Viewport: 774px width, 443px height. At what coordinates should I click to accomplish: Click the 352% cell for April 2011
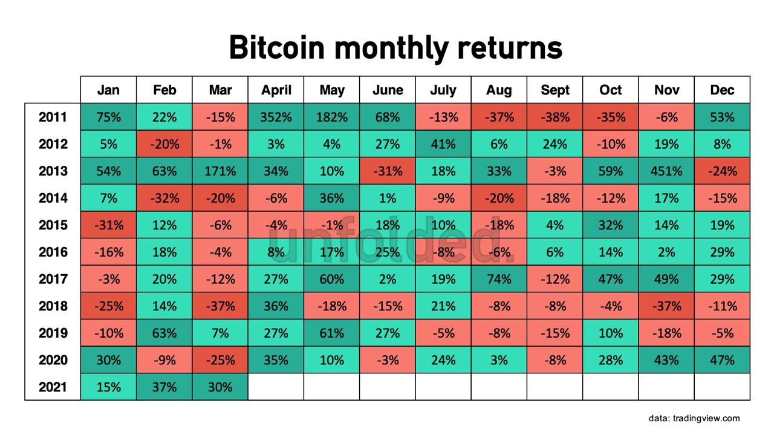(x=276, y=117)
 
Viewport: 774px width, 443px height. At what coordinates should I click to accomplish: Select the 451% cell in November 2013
(x=666, y=171)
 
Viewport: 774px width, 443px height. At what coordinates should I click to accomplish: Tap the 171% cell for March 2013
(x=220, y=171)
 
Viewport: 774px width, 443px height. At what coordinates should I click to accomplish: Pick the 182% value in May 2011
(x=332, y=117)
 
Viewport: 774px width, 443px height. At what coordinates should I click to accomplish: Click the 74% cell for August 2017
(x=499, y=279)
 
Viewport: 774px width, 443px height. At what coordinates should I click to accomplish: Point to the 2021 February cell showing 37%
(x=164, y=387)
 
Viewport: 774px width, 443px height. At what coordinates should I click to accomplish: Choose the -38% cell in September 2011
(x=555, y=117)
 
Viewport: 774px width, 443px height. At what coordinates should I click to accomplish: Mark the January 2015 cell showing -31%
(x=108, y=225)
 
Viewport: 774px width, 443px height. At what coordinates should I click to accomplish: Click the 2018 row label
(x=53, y=306)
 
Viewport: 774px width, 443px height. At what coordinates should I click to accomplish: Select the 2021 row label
(x=53, y=387)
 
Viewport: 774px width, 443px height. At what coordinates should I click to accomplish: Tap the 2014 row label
(x=53, y=198)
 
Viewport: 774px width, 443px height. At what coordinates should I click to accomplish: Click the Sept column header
(x=555, y=90)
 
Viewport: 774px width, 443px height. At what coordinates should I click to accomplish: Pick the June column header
(x=388, y=90)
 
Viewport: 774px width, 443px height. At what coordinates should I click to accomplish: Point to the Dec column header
(x=722, y=90)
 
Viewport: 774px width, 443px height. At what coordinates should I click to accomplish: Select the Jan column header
(x=108, y=90)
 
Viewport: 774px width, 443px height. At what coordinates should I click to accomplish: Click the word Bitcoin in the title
(x=277, y=47)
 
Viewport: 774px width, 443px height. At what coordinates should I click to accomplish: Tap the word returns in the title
(x=510, y=48)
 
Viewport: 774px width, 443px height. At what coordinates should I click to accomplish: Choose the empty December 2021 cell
(x=722, y=387)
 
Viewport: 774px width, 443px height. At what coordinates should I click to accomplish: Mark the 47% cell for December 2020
(x=722, y=359)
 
